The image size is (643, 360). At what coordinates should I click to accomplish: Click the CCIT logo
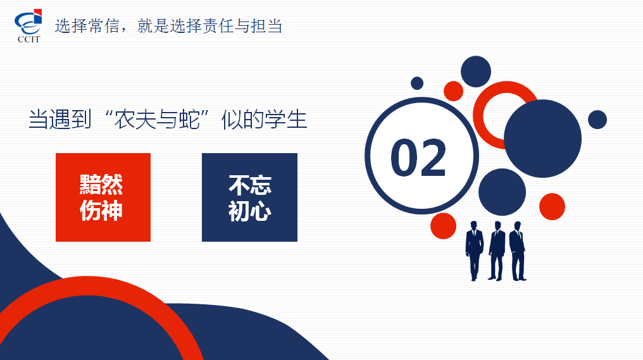[x=28, y=26]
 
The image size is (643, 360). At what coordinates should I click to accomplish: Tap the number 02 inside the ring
[x=418, y=158]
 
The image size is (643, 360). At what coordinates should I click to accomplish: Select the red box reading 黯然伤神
[x=103, y=197]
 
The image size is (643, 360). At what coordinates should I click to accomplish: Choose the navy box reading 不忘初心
[x=249, y=197]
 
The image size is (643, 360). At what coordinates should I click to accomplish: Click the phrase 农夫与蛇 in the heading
[x=157, y=120]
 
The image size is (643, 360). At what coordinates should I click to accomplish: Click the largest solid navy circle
[x=542, y=139]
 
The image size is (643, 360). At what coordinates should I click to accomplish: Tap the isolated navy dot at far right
[x=597, y=120]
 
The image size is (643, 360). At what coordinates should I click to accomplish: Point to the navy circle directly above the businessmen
[x=502, y=192]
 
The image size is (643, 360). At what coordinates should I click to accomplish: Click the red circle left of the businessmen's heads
[x=443, y=226]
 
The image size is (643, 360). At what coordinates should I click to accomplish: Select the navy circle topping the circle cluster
[x=476, y=71]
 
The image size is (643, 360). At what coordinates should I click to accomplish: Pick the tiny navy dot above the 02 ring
[x=417, y=84]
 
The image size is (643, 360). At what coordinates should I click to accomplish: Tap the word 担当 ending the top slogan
[x=266, y=26]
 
